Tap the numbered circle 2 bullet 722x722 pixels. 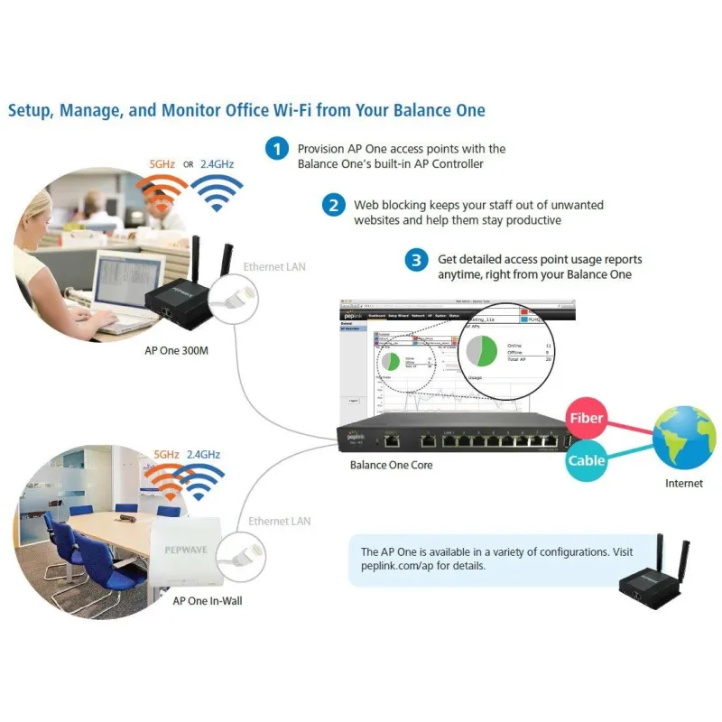click(333, 206)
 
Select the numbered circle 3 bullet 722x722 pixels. click(416, 261)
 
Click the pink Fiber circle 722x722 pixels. click(586, 420)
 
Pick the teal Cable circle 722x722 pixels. click(586, 461)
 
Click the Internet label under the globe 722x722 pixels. click(684, 484)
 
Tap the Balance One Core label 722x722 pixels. click(392, 466)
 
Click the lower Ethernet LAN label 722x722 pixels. click(280, 522)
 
